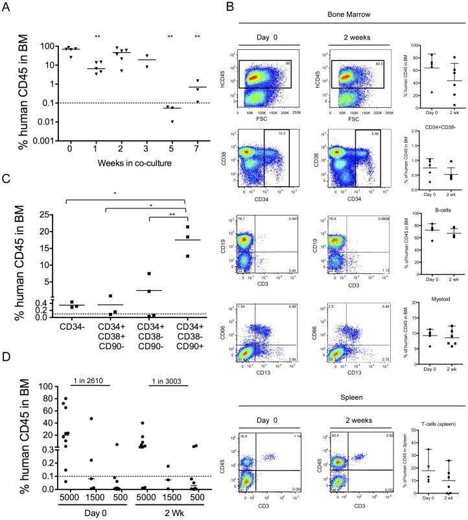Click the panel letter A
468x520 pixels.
pyautogui.click(x=8, y=8)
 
